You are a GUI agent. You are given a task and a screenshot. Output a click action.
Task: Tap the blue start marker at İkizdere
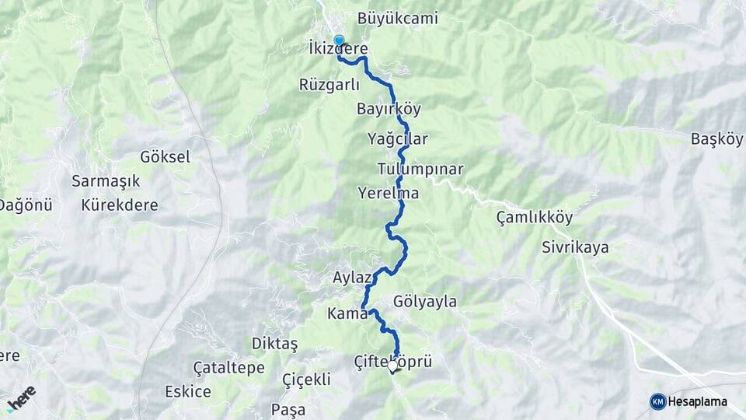339,40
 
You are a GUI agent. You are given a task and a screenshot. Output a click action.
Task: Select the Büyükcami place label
398,18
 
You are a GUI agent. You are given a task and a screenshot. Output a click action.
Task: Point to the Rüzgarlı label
329,85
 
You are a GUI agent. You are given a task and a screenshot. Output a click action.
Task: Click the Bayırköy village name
389,109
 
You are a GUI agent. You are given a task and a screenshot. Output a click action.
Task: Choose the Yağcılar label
398,139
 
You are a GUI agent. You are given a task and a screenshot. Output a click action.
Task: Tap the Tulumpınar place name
420,169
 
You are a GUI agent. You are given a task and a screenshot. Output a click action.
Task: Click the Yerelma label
389,192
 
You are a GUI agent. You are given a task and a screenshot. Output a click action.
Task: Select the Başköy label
716,140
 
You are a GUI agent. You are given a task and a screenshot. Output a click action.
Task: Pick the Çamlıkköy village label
534,218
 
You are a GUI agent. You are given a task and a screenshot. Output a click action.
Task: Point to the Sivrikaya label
575,248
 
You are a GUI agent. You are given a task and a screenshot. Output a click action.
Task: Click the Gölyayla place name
425,301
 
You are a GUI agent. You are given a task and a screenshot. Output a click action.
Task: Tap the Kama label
347,314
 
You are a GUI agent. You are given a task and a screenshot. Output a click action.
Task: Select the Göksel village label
165,157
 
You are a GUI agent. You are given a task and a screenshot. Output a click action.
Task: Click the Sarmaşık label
106,181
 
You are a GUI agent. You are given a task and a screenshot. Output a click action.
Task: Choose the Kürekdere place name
120,206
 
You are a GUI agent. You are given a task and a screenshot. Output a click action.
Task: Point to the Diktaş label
274,343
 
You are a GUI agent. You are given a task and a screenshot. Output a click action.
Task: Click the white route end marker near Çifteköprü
393,366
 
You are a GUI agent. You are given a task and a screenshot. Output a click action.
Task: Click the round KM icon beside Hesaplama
658,401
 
